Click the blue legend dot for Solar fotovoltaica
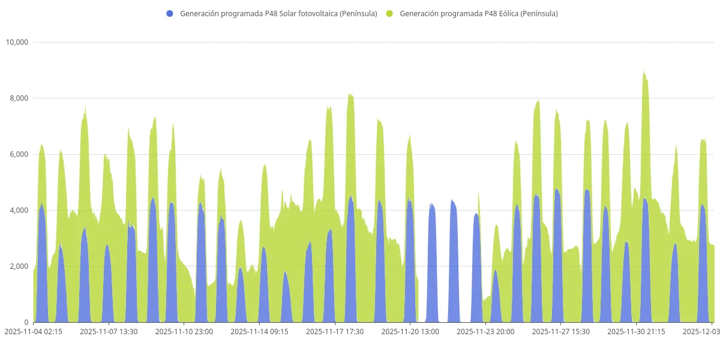[170, 14]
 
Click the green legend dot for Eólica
[389, 14]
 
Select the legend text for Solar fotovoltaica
[278, 14]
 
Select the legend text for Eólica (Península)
[478, 14]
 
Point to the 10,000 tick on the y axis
[17, 42]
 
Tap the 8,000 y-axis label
[19, 98]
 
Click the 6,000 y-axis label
[19, 154]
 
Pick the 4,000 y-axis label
[19, 210]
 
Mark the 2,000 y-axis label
[19, 266]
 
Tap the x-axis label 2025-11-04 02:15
[34, 331]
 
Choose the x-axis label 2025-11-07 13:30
[109, 331]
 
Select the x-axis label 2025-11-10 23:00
[184, 331]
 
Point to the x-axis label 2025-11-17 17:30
[335, 331]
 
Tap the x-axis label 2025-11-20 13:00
[410, 331]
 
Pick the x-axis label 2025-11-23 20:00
[485, 331]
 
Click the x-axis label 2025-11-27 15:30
[561, 331]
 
